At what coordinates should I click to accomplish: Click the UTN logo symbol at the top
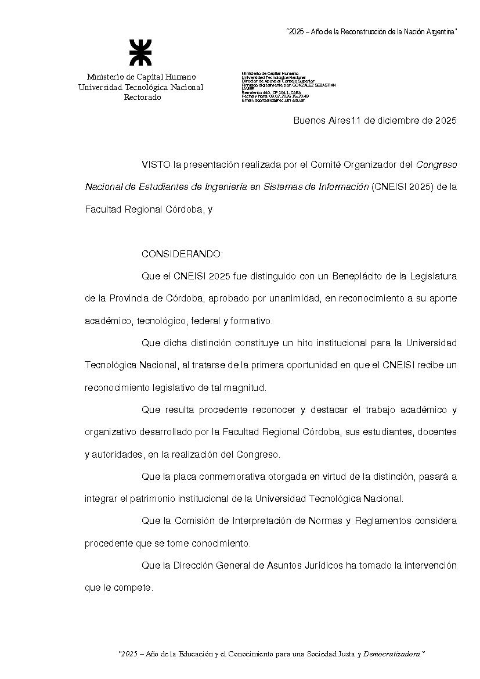[x=140, y=53]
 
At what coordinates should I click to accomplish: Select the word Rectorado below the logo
[x=142, y=98]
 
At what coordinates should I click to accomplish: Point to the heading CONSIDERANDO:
[x=182, y=254]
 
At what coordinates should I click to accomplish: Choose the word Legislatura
[x=431, y=276]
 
